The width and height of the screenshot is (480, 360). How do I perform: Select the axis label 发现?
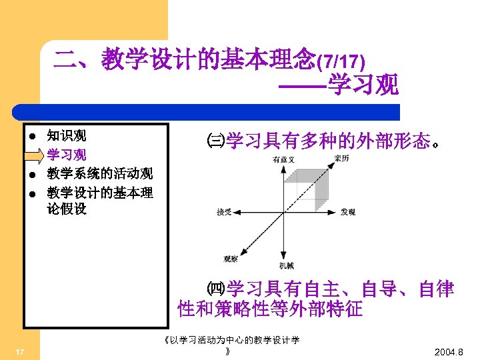[348, 212]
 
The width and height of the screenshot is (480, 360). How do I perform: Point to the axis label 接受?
[224, 212]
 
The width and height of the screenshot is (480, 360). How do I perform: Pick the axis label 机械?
[287, 265]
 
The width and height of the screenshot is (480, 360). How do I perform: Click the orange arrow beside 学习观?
[33, 156]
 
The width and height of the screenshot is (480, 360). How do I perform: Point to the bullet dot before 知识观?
[32, 137]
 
